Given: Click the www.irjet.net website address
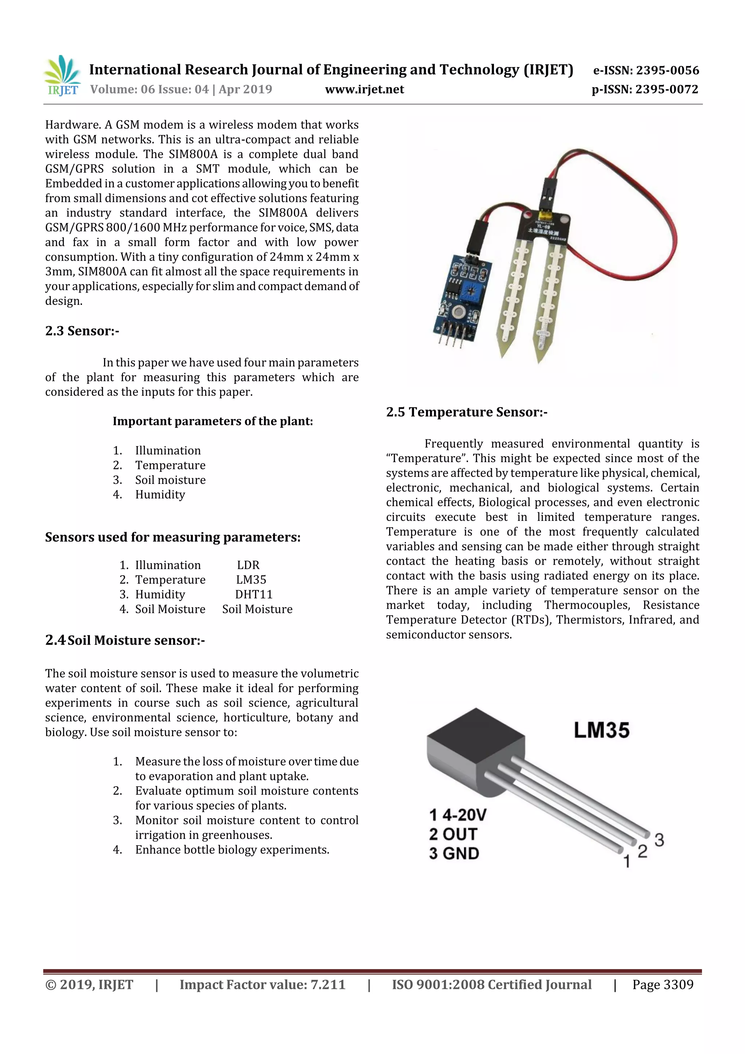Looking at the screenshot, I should point(364,90).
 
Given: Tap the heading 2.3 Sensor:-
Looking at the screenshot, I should point(82,331).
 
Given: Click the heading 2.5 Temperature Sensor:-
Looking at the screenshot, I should point(466,412).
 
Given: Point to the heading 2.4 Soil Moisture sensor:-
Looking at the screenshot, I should point(125,640).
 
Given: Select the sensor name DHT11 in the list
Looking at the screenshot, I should point(254,594).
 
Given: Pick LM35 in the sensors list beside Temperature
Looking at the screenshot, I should point(251,580).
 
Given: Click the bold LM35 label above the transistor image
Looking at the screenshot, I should point(601,730).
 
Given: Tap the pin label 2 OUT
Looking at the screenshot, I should point(454,834).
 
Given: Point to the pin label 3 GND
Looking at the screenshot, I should point(454,854).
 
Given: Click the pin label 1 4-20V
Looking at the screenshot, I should point(458,815).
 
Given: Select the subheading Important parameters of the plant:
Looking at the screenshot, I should point(212,421).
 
